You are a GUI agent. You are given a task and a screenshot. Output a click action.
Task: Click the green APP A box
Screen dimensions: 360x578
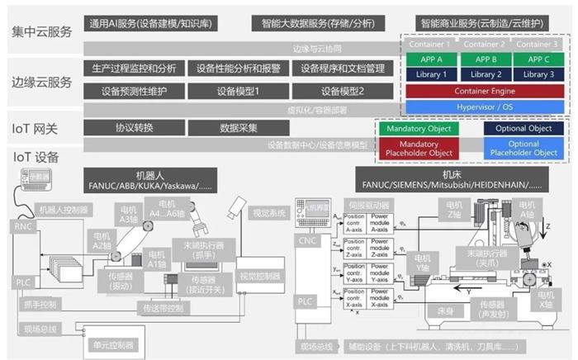pos(432,59)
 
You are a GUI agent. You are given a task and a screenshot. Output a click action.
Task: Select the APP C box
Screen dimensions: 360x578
pos(538,59)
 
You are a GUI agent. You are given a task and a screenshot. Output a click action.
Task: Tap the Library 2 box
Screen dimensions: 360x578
pos(485,75)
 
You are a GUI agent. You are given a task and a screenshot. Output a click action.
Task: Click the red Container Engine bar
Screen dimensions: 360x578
pos(485,91)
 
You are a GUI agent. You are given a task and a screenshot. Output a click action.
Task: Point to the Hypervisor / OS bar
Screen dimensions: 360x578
pos(485,107)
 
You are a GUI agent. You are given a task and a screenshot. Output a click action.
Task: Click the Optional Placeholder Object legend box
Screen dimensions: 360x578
pos(524,149)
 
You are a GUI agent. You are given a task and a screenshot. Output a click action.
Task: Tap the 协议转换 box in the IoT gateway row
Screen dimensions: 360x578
pos(134,128)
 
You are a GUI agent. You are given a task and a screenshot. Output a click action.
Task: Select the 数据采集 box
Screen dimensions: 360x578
pos(239,128)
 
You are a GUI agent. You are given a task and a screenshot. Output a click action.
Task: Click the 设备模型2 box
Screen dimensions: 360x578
pos(343,90)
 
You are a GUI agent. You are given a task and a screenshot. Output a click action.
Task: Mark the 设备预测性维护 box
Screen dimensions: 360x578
pos(134,90)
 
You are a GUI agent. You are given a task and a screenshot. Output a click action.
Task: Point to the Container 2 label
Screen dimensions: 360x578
pos(485,45)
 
